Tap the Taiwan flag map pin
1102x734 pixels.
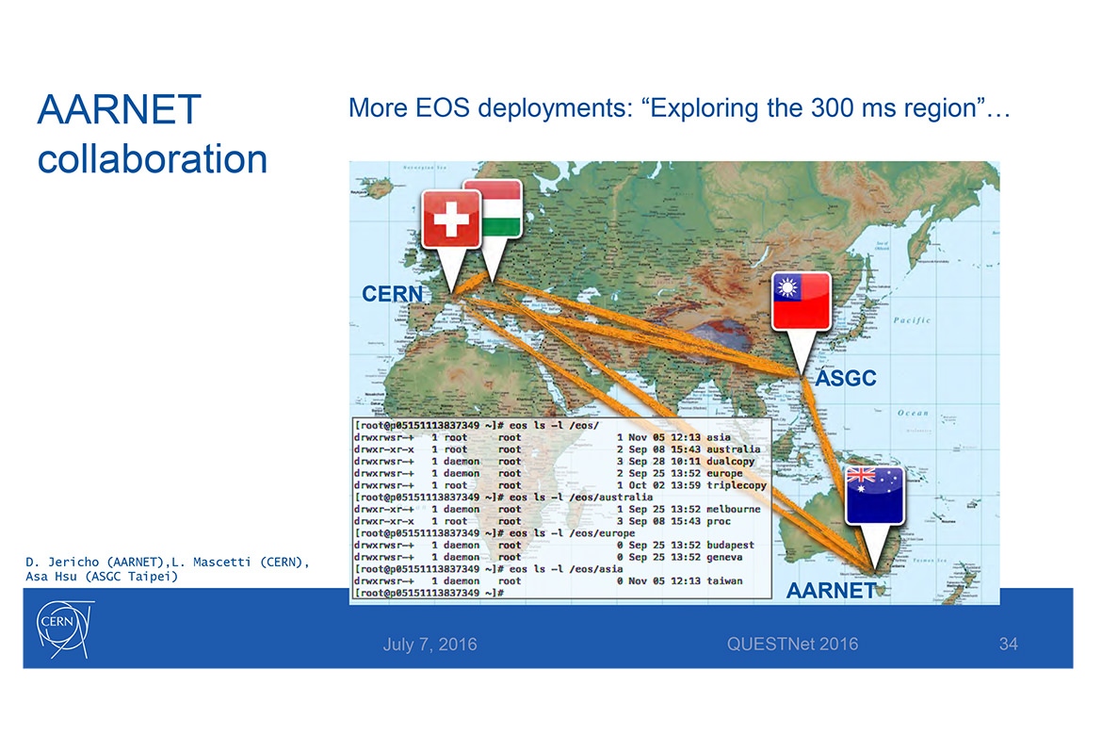click(801, 302)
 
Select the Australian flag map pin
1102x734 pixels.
click(874, 495)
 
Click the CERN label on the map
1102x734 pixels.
click(393, 295)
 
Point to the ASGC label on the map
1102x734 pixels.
click(845, 379)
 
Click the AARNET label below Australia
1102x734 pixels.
click(831, 592)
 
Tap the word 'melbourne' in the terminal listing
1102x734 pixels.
click(731, 509)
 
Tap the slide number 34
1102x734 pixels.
click(1009, 644)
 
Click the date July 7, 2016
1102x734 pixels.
click(429, 644)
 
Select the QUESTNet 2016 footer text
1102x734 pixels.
click(792, 644)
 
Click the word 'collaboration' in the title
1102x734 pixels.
click(153, 157)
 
